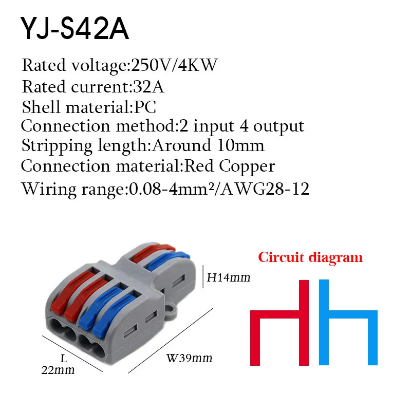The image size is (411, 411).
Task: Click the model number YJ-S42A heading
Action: [x=74, y=29]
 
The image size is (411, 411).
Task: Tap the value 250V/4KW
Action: [x=174, y=65]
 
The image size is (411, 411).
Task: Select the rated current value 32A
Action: [x=148, y=86]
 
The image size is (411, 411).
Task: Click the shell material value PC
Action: [x=145, y=107]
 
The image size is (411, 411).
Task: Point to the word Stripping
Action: [x=57, y=146]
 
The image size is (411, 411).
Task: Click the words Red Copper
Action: [x=230, y=166]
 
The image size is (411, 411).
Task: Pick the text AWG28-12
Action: [x=265, y=189]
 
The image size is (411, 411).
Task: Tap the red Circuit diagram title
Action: [x=310, y=257]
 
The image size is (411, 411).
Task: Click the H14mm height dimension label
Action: [x=229, y=277]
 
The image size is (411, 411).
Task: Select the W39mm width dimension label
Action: [x=189, y=358]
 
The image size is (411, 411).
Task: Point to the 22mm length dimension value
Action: [x=58, y=370]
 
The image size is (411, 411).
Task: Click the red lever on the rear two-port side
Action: [x=153, y=252]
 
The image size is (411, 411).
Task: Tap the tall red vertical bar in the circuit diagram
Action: [x=304, y=323]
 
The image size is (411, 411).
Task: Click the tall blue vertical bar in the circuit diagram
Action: [x=324, y=323]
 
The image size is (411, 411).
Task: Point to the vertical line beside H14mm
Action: [x=203, y=277]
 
